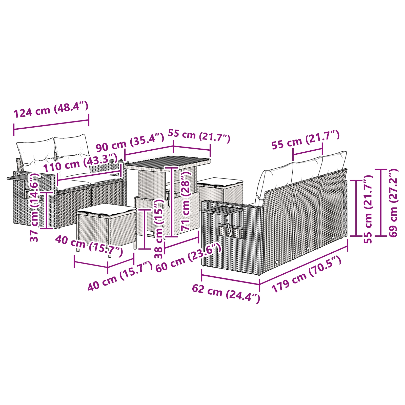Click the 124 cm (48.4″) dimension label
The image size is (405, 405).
(x=51, y=110)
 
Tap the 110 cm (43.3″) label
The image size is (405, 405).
(x=80, y=163)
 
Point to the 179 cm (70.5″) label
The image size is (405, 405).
(x=307, y=274)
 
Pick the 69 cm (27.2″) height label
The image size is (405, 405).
(x=393, y=203)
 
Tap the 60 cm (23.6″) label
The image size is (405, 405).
(x=189, y=258)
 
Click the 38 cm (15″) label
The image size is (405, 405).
(x=159, y=229)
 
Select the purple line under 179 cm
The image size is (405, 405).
(x=303, y=262)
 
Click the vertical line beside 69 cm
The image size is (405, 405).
(x=381, y=203)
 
